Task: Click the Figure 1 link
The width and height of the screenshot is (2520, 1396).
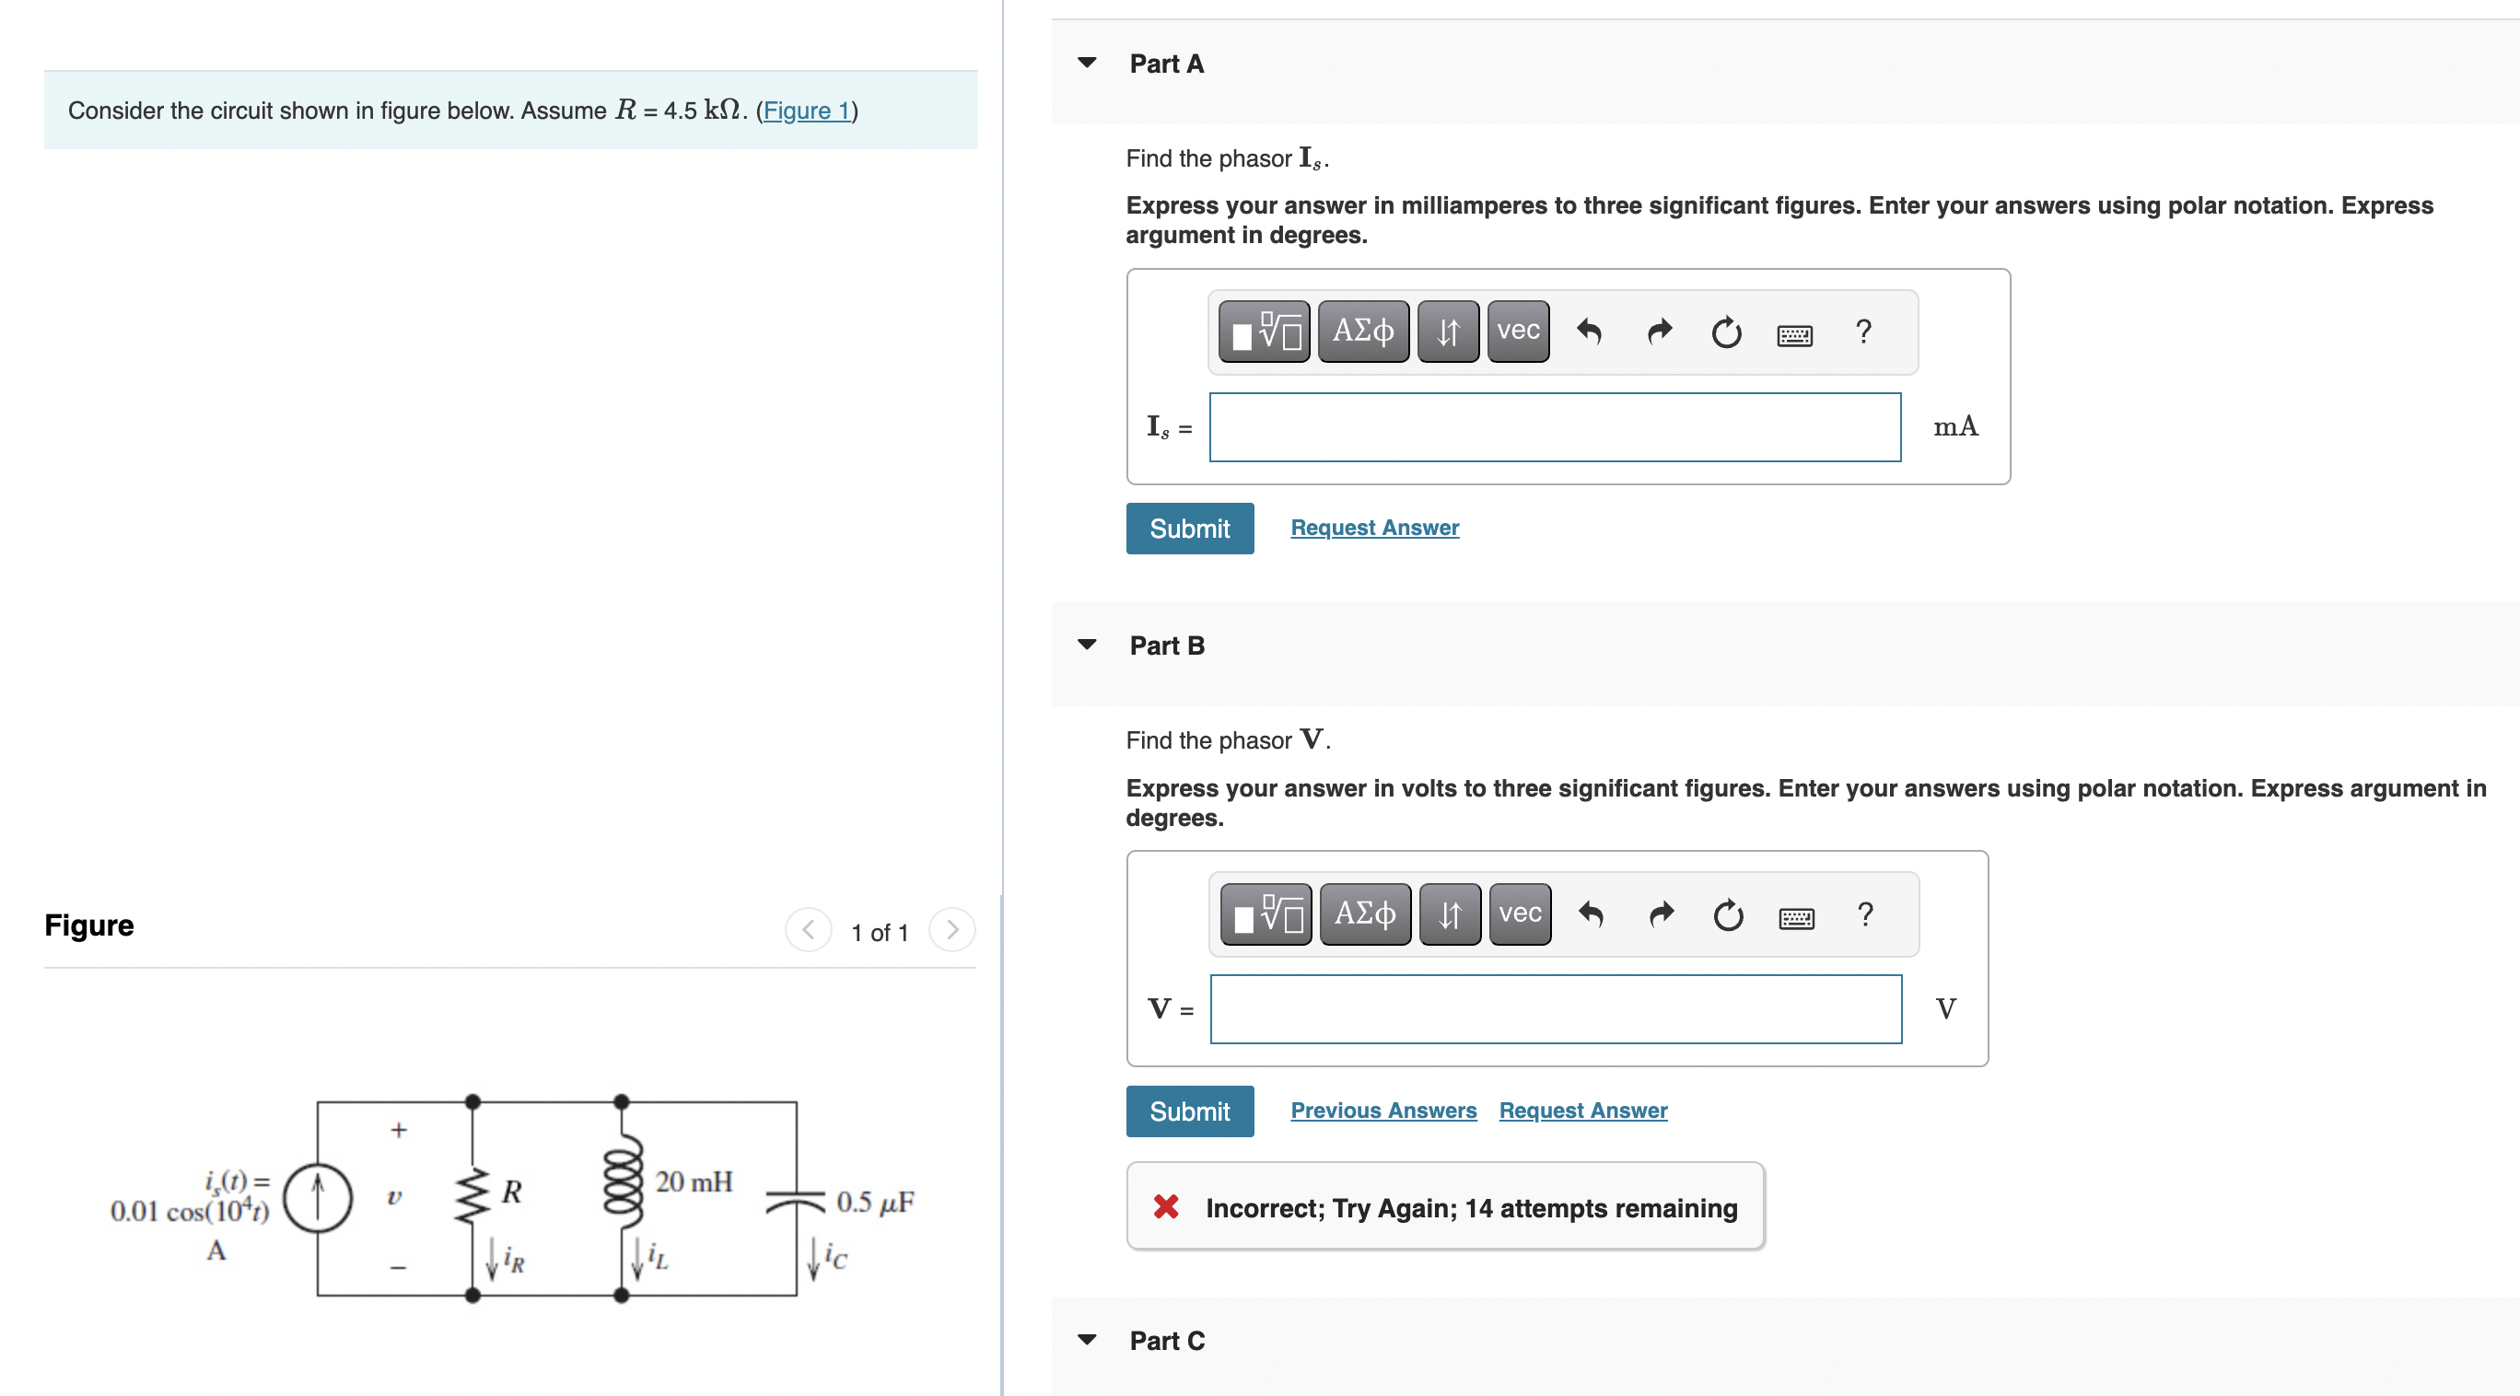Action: tap(806, 111)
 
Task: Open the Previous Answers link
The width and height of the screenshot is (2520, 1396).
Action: tap(1382, 1111)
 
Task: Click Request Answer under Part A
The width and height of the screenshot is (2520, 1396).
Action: tap(1373, 528)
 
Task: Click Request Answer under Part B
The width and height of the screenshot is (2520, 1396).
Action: tap(1581, 1111)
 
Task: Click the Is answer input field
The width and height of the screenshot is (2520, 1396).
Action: tap(1554, 427)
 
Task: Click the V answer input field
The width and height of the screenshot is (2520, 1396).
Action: tap(1555, 1008)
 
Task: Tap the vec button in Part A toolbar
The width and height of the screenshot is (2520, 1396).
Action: tap(1517, 332)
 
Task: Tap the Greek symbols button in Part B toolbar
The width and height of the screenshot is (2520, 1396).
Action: tap(1365, 913)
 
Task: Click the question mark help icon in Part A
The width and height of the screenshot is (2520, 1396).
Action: tap(1862, 332)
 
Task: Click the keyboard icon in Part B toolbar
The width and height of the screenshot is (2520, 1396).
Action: tap(1795, 918)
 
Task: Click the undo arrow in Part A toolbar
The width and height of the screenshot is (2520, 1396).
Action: tap(1589, 332)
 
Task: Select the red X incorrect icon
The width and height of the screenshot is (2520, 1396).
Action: tap(1165, 1206)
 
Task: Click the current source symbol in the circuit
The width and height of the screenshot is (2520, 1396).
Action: tap(317, 1196)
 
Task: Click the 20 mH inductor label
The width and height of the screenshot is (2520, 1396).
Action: tap(693, 1181)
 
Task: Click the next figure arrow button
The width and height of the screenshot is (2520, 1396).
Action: tap(951, 929)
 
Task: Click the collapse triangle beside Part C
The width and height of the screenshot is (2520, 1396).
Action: tap(1086, 1339)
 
